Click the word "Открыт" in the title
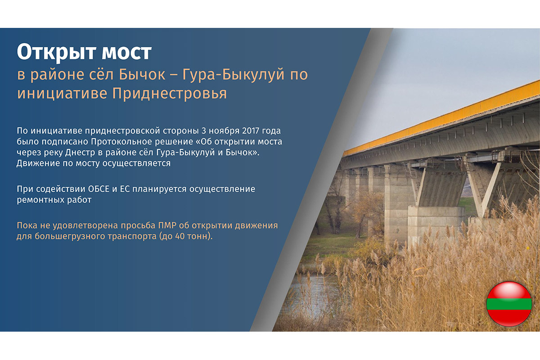[57, 53]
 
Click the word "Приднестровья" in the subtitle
[170, 94]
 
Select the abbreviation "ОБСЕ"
[99, 189]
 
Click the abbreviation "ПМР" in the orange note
[167, 226]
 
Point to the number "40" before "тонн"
[180, 237]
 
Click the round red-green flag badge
[509, 304]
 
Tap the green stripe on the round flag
[509, 304]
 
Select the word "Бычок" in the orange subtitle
[142, 75]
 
